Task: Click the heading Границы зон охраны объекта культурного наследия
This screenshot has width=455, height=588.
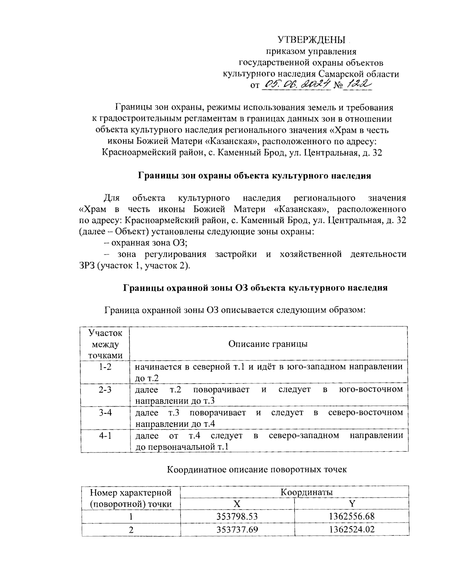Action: (254, 176)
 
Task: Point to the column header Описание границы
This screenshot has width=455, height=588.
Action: (268, 344)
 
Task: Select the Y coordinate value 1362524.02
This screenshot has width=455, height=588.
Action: (351, 529)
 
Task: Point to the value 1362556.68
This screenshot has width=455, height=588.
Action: (351, 516)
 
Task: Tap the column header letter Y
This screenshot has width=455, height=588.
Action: (351, 504)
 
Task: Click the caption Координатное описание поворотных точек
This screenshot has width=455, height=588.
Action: (257, 470)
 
